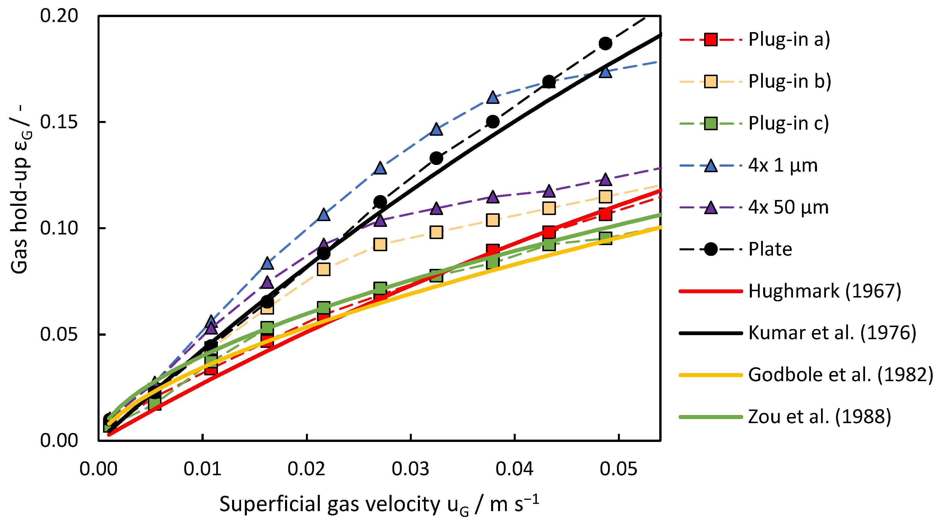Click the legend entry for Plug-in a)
(789, 39)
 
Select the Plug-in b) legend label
(789, 81)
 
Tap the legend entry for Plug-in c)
(788, 123)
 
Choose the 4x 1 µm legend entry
(783, 165)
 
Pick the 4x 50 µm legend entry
(788, 207)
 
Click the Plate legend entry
(770, 249)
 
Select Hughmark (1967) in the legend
(825, 291)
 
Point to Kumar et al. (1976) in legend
(832, 333)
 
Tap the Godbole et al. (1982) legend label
(840, 375)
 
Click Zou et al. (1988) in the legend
(819, 417)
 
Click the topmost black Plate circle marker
(605, 43)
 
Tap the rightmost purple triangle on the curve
(605, 179)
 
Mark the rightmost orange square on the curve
(605, 197)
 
